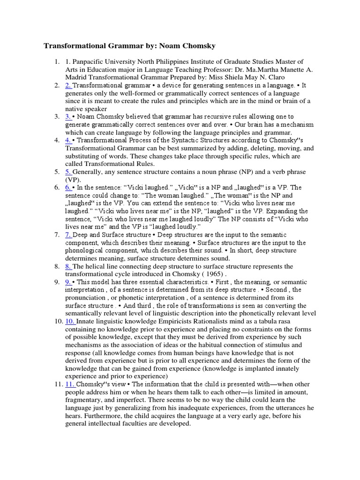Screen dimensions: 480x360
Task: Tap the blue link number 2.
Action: (x=68, y=85)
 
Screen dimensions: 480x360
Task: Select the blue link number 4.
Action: (x=68, y=140)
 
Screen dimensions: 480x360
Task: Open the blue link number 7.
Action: (x=68, y=234)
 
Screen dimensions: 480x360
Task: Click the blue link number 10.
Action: (x=70, y=321)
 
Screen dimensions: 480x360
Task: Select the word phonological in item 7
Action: (x=86, y=250)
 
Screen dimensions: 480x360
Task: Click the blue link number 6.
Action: (x=68, y=187)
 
